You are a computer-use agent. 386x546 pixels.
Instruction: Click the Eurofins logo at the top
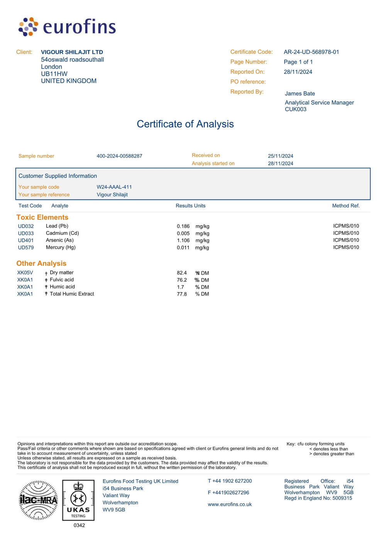67,27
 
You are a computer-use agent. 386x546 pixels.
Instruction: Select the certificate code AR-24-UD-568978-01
311,52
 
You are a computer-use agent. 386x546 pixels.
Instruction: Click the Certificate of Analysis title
185,124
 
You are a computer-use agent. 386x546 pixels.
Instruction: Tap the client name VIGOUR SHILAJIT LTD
72,52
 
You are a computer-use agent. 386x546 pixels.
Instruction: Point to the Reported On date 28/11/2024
298,72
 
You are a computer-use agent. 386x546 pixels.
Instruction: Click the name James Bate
300,94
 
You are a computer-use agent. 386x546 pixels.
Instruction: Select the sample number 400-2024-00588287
119,156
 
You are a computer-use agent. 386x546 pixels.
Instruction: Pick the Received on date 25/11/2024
280,156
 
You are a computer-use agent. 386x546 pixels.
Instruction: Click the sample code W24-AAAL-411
114,187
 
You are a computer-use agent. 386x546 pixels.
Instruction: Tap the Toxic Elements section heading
42,217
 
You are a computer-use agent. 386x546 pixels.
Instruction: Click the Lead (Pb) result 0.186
183,226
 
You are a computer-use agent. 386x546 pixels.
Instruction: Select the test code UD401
26,240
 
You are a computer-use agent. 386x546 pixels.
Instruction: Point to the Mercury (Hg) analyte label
61,247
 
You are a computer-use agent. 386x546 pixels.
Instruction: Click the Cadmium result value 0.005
183,233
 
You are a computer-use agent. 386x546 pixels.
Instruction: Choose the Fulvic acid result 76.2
182,280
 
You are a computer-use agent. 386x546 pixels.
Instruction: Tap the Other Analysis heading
41,263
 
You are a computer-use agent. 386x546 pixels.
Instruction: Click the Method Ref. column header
346,206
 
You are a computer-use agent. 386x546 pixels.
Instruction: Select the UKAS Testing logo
78,500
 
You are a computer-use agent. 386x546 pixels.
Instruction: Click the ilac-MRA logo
38,500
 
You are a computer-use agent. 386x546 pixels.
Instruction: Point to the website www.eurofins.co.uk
230,504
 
